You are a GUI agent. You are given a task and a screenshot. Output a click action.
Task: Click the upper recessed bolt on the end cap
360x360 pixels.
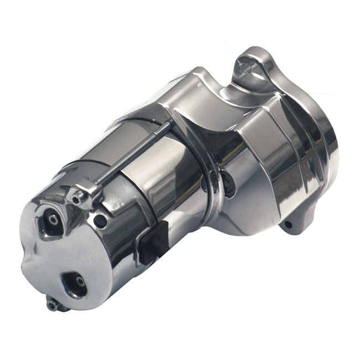[x=53, y=220]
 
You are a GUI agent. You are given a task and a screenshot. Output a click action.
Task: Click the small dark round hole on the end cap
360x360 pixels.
[x=100, y=221]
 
